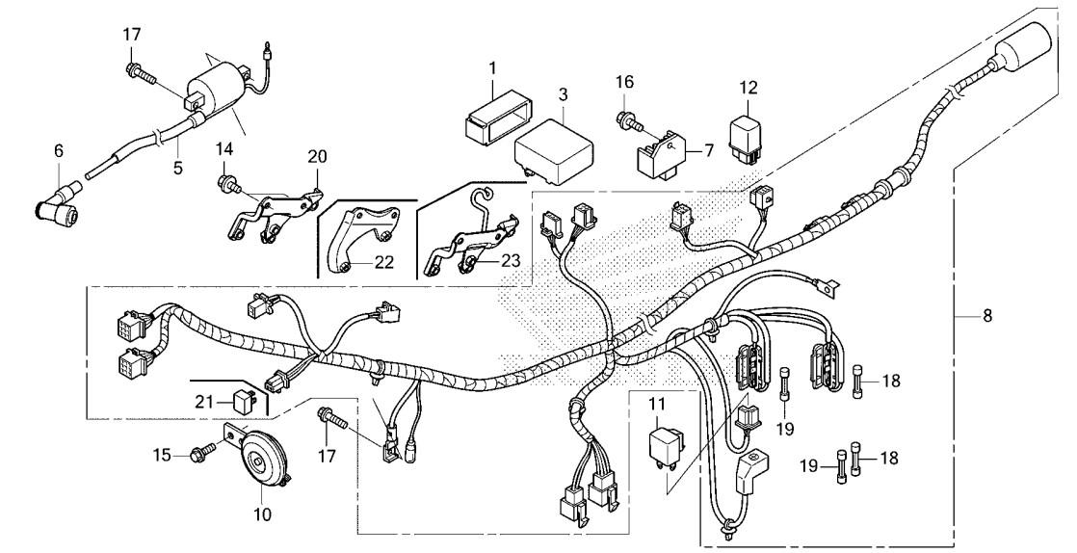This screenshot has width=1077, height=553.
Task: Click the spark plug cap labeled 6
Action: (x=59, y=204)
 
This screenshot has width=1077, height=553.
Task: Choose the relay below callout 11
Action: (x=666, y=446)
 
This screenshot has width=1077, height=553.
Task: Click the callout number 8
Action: (x=987, y=316)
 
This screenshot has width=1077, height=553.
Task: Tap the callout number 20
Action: (x=317, y=157)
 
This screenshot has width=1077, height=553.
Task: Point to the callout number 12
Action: (x=749, y=88)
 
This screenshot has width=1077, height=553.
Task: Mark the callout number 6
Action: (x=59, y=151)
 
